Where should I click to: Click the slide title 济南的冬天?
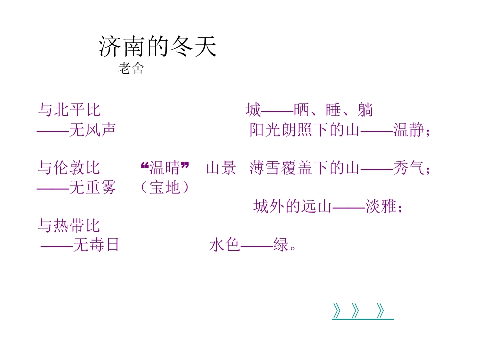click(158, 46)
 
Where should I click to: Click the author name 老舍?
click(131, 68)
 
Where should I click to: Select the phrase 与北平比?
click(69, 110)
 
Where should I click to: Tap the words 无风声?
click(93, 130)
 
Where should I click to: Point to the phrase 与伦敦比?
click(69, 168)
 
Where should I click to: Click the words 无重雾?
click(93, 187)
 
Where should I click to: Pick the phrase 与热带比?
click(69, 225)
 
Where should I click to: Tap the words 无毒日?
click(96, 245)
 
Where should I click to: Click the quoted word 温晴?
click(165, 168)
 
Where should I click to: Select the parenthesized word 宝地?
click(165, 187)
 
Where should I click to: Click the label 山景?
click(221, 168)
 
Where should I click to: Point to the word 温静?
click(409, 130)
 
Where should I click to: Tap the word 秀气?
click(409, 168)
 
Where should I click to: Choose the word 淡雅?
click(381, 206)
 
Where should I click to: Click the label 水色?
click(225, 245)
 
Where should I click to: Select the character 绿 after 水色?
click(281, 245)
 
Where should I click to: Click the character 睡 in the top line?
click(333, 110)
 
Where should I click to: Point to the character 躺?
click(365, 110)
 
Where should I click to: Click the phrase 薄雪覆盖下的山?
click(305, 168)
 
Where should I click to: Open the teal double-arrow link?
click(363, 311)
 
